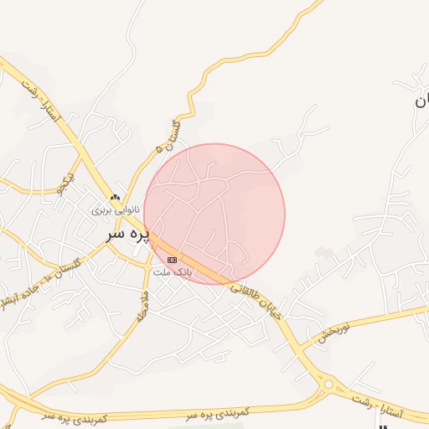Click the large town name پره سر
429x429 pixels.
click(128, 234)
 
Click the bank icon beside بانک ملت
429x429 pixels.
click(173, 261)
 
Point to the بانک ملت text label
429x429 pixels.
click(176, 272)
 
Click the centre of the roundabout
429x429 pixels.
click(328, 385)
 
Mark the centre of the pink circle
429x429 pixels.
click(214, 214)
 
